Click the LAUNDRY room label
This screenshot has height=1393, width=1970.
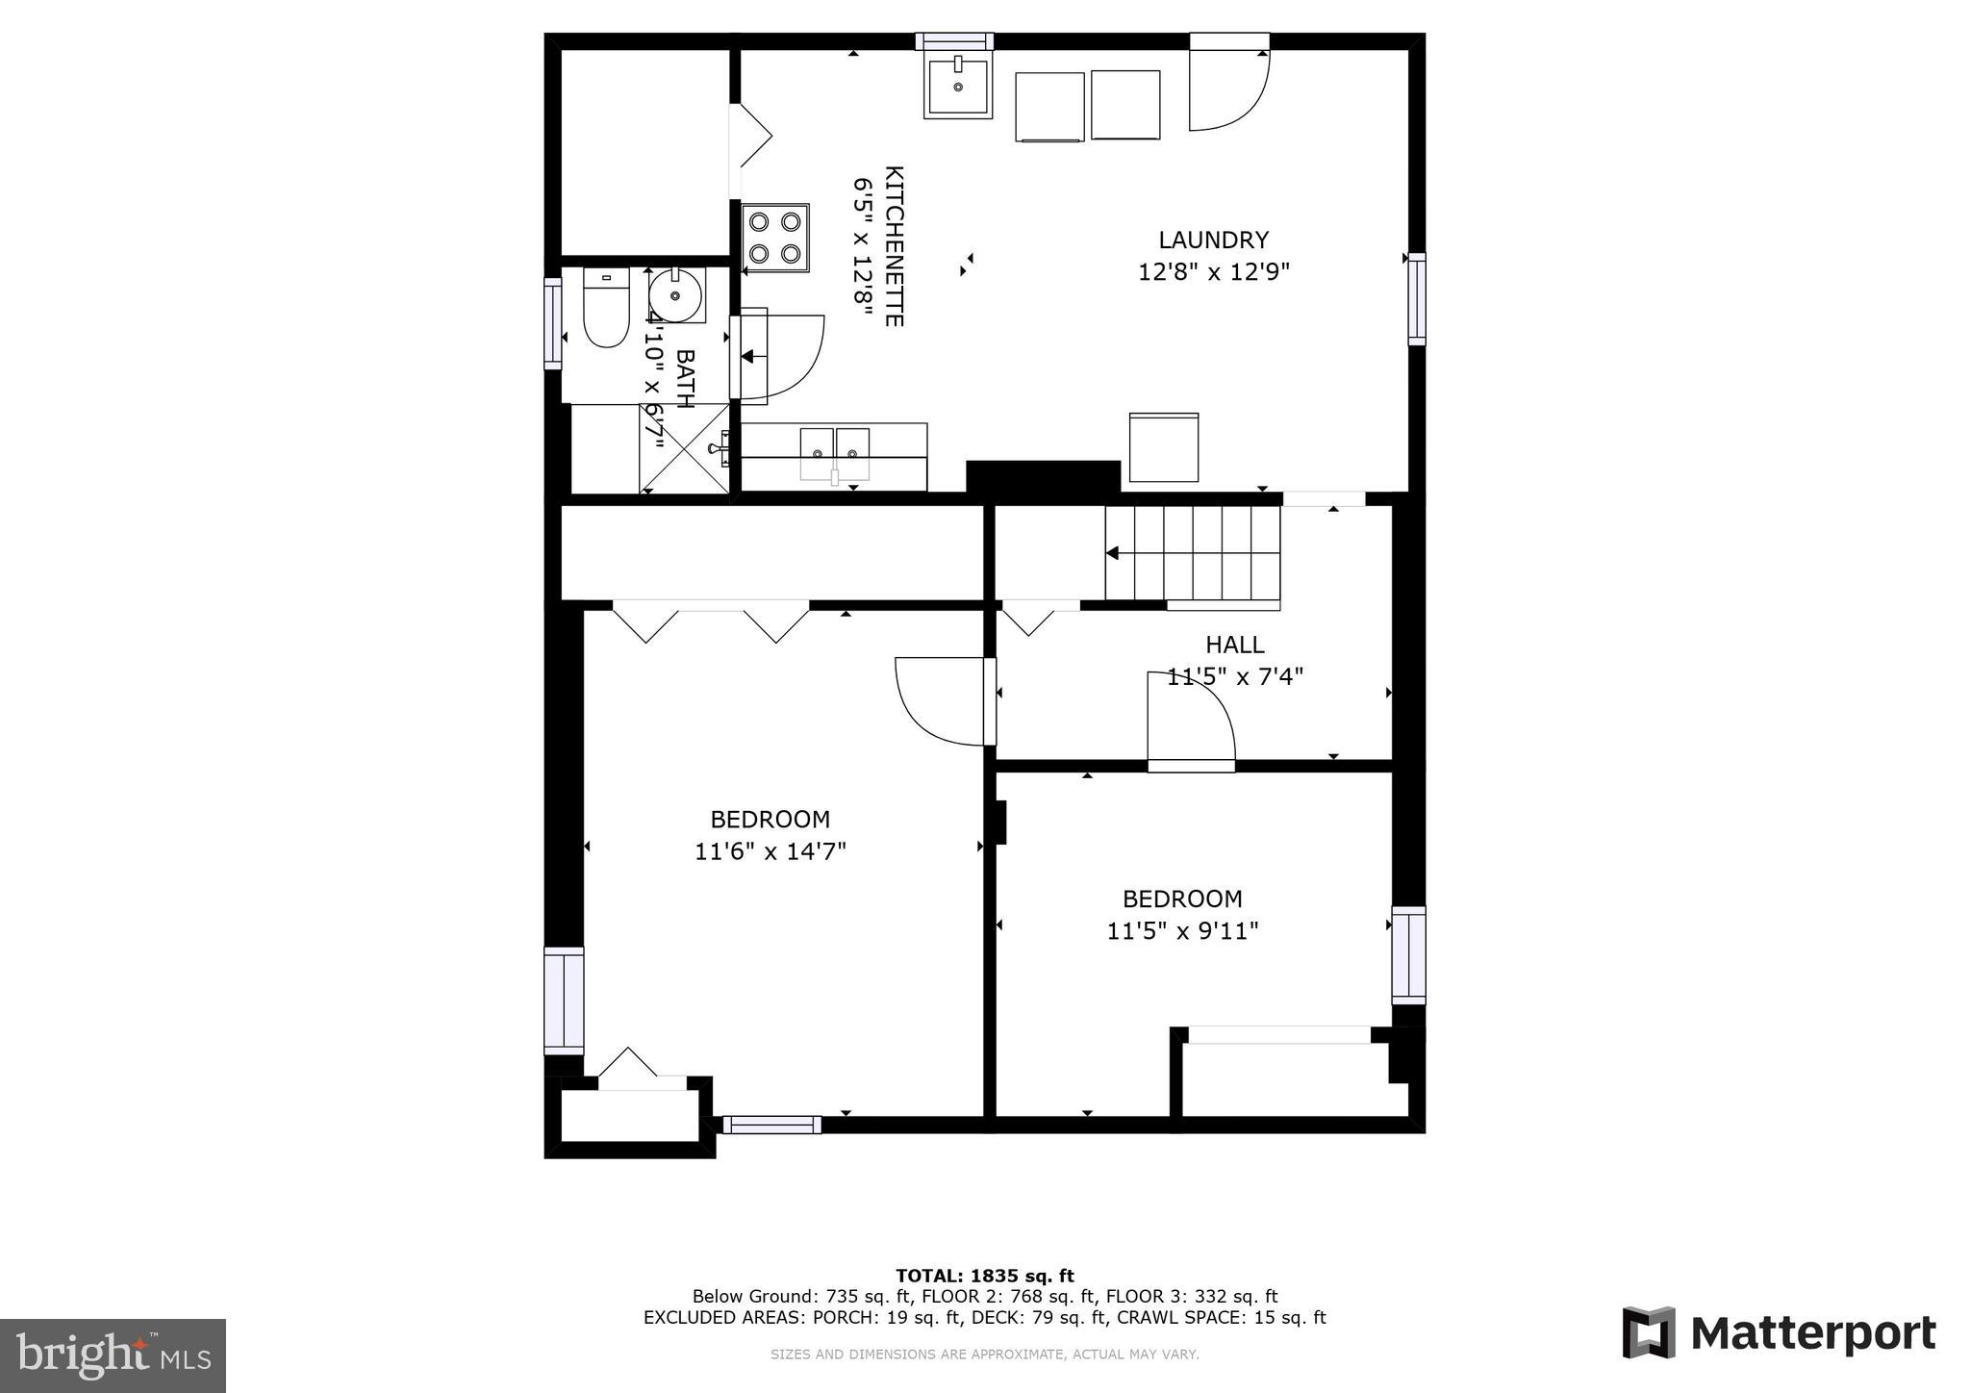click(x=1213, y=241)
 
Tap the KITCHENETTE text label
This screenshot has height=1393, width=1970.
click(x=894, y=246)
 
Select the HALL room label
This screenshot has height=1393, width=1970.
click(x=1234, y=645)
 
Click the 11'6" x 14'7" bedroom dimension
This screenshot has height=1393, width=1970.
click(x=770, y=851)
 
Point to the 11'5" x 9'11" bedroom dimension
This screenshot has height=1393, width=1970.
click(x=1182, y=931)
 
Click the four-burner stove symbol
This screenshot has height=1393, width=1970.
click(x=775, y=238)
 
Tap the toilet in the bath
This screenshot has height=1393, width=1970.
click(x=605, y=308)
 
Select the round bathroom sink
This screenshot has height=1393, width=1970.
click(x=676, y=295)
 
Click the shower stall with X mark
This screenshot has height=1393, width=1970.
click(x=684, y=449)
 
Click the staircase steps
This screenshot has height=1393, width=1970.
click(x=1193, y=553)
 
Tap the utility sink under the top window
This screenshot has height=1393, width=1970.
click(x=957, y=87)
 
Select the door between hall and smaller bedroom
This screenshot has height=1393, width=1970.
click(x=1191, y=722)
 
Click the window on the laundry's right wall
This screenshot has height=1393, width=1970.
click(x=1416, y=298)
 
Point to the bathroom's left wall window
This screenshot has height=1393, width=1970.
click(x=552, y=323)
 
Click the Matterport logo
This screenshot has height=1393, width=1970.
click(x=1780, y=1333)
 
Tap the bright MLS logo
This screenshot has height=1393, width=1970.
click(x=113, y=1355)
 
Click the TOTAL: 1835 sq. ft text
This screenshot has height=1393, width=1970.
click(x=984, y=1277)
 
